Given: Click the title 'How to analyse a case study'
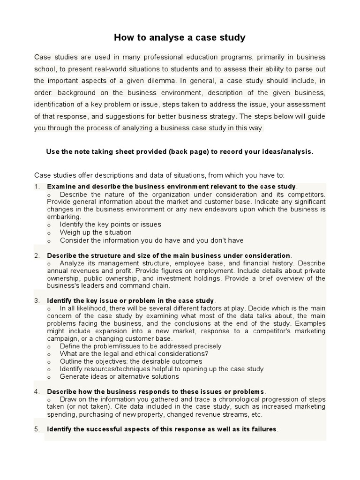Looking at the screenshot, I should pyautogui.click(x=180, y=37).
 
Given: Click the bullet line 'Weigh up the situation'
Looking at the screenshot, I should pyautogui.click(x=96, y=232).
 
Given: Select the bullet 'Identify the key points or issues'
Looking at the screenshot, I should pyautogui.click(x=110, y=225).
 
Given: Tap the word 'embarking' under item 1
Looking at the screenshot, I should pyautogui.click(x=63, y=217).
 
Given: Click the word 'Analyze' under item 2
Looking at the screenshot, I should pyautogui.click(x=72, y=263).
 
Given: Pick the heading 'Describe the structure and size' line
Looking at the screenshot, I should pyautogui.click(x=169, y=255).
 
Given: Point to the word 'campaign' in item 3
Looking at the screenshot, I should pyautogui.click(x=61, y=338).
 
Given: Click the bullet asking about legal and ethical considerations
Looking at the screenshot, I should pyautogui.click(x=134, y=354).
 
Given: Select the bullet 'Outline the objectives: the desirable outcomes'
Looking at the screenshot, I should pyautogui.click(x=131, y=361).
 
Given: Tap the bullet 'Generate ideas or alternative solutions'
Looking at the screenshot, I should pyautogui.click(x=119, y=376).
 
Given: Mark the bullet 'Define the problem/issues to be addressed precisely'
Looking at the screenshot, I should pyautogui.click(x=141, y=346).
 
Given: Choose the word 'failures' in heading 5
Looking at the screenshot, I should pyautogui.click(x=263, y=429).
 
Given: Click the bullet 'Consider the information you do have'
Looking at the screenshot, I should pyautogui.click(x=151, y=240).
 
